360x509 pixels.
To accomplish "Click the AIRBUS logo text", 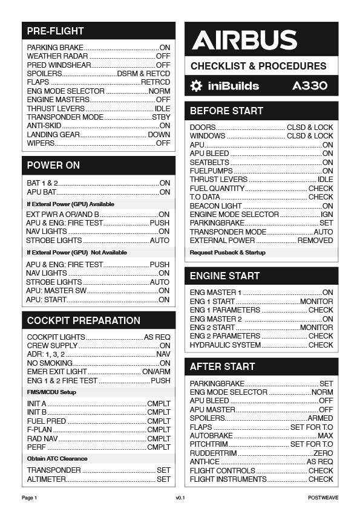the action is point(244,41).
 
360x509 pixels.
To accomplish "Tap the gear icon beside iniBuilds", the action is point(196,86).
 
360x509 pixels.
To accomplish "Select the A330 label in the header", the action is point(310,86).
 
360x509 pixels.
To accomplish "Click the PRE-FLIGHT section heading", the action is point(56,31).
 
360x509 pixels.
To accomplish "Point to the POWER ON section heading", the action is point(53,166).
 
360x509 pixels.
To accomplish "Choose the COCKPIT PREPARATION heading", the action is point(83,320).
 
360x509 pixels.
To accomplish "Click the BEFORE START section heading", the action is point(226,111).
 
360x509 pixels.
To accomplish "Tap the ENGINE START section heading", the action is point(224,276).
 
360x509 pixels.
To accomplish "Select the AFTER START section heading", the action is point(222,366).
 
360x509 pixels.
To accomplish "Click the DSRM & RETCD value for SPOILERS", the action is point(143,74).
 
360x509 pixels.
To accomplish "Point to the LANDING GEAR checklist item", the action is point(53,135).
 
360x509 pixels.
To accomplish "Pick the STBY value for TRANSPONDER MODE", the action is point(161,117).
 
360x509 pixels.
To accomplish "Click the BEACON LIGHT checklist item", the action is point(216,206).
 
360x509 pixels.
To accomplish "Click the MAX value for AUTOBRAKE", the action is point(325,436).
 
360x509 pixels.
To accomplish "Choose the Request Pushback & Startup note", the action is point(227,253).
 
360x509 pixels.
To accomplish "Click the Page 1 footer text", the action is point(30,498).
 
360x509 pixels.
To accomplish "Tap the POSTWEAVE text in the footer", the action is point(323,498).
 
